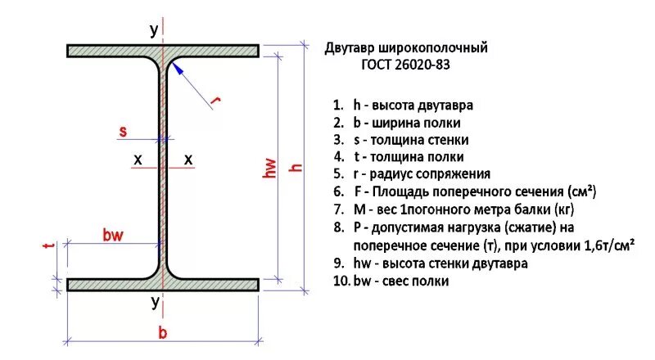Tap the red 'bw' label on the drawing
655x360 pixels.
[x=113, y=236]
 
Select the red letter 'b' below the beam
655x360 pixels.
[x=163, y=332]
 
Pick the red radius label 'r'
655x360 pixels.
[x=216, y=101]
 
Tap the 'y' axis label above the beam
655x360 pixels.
[x=153, y=30]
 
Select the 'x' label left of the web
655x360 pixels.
[x=138, y=160]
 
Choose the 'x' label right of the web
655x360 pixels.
[x=188, y=160]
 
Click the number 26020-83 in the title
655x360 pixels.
[x=418, y=64]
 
